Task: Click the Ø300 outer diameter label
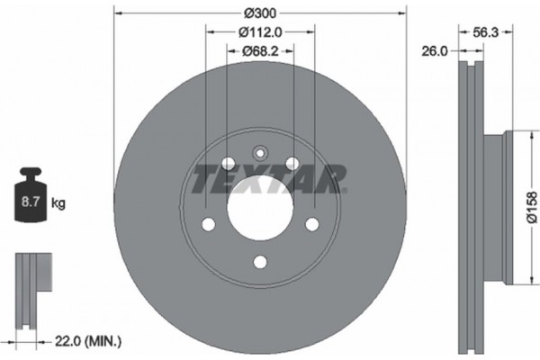(260, 13)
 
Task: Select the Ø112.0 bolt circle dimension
(260, 32)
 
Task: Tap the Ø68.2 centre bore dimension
(260, 51)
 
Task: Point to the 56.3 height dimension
(487, 32)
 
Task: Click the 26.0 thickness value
(434, 51)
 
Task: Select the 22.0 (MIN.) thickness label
(86, 340)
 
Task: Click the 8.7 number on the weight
(30, 204)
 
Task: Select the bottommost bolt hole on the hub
(259, 262)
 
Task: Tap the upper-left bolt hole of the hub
(228, 163)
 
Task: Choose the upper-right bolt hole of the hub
(292, 163)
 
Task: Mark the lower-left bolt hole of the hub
(208, 224)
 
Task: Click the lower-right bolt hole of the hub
(312, 224)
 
